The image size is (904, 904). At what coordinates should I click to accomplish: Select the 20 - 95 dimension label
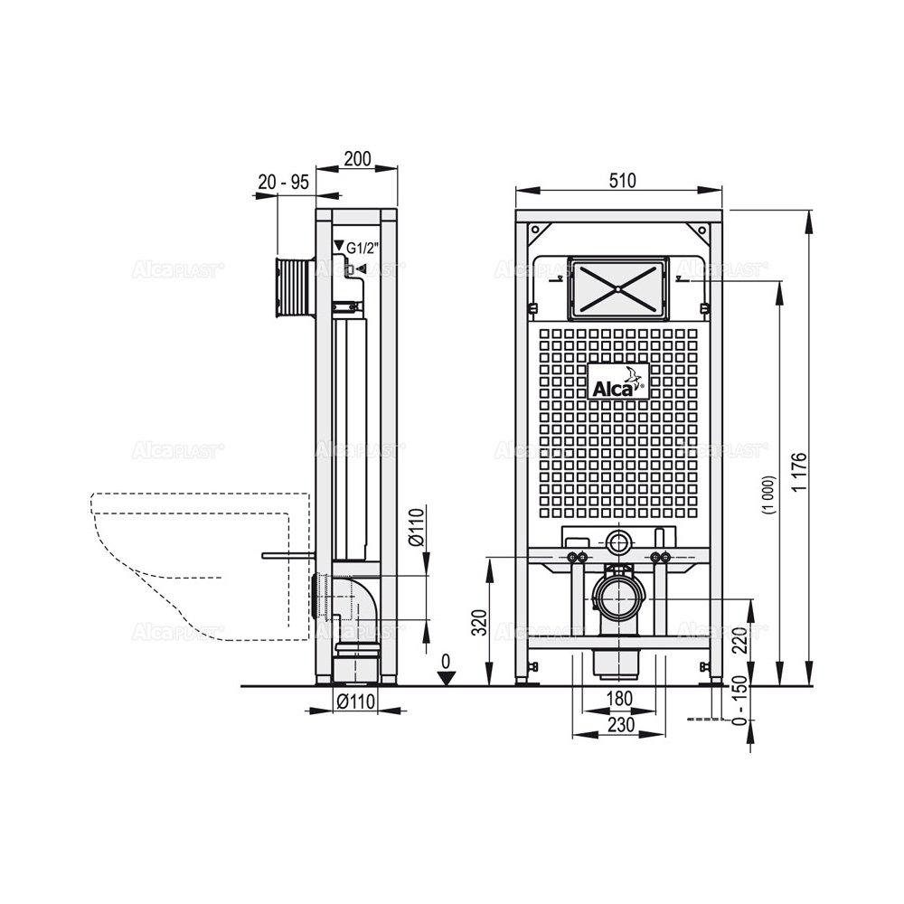tap(283, 182)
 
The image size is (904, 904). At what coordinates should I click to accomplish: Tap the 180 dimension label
tap(618, 698)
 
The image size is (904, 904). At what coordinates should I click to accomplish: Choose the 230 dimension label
tap(618, 724)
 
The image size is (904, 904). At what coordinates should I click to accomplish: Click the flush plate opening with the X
tap(618, 286)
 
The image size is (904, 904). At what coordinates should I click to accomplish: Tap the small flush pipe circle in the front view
tap(619, 543)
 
